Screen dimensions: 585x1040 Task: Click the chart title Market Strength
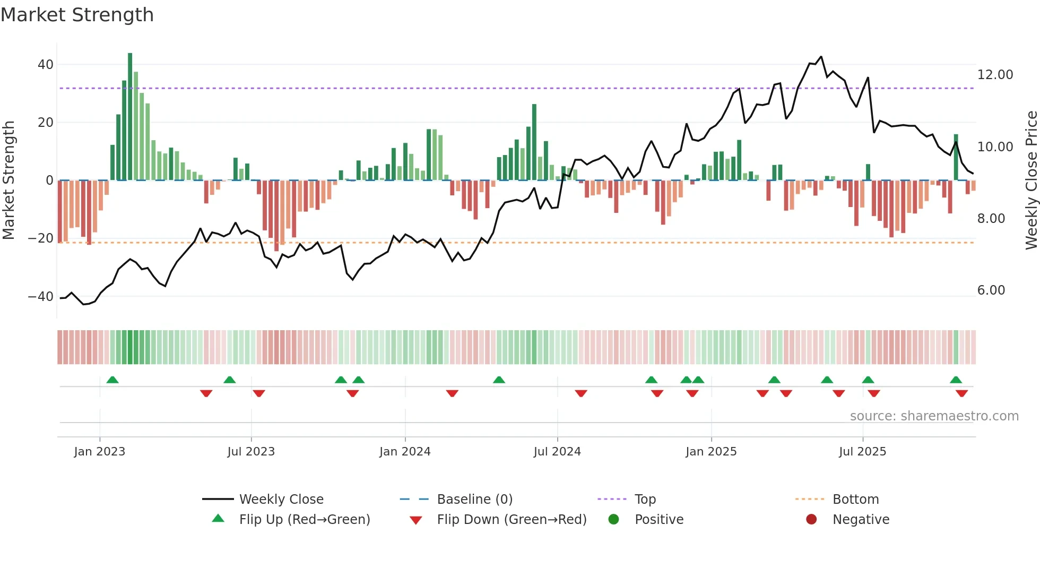coord(77,15)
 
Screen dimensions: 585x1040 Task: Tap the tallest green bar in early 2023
coord(130,117)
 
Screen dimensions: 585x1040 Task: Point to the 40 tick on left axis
coord(46,65)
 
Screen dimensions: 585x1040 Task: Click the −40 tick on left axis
coord(41,297)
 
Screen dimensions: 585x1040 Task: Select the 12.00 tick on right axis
coord(995,75)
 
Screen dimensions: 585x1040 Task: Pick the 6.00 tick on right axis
coord(991,290)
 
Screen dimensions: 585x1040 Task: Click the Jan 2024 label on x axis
coord(405,452)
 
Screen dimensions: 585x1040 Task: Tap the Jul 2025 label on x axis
coord(862,452)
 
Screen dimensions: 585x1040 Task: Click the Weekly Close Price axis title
coord(1031,180)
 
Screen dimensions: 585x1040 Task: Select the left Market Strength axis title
coord(8,180)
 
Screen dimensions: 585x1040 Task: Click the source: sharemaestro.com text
coord(934,416)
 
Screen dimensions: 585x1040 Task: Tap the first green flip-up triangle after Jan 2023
coord(112,380)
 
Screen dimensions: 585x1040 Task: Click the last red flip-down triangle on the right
coord(961,393)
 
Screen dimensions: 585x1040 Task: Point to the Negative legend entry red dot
coord(811,520)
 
